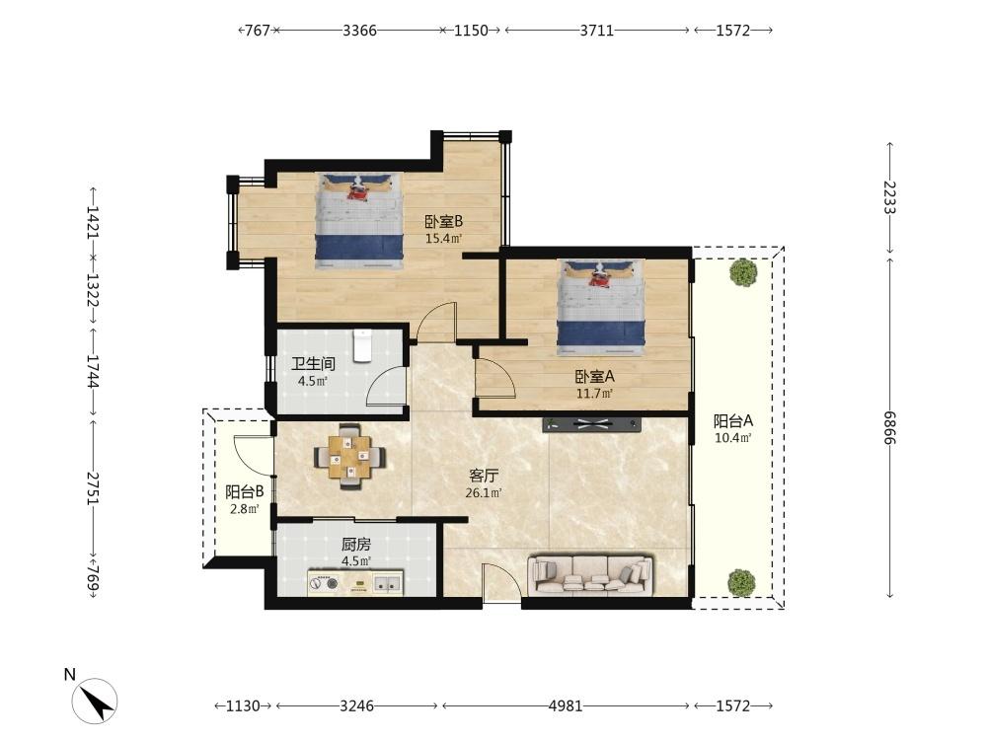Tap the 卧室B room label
443,222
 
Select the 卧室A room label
594,376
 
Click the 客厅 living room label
485,475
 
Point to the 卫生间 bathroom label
312,364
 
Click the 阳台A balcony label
733,420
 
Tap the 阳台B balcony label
244,491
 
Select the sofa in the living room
591,573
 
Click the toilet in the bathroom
363,345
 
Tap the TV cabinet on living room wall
591,424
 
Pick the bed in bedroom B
359,221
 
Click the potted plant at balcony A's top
741,271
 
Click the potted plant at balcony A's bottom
741,582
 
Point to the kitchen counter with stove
355,583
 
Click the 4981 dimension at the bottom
566,705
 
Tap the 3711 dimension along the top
596,31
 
